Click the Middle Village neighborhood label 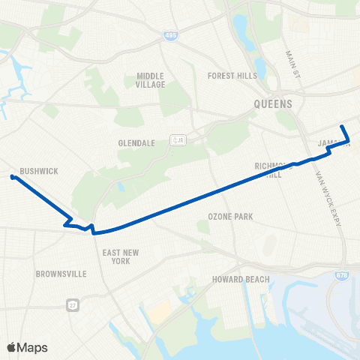coord(155,80)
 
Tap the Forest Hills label coord(232,75)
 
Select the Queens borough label coord(273,105)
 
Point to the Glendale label coord(136,142)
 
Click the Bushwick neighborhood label coord(39,171)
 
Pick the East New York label coord(116,256)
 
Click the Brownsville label coord(57,274)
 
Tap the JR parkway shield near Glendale coord(178,139)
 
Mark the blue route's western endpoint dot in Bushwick coord(13,177)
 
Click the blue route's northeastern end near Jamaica coord(341,126)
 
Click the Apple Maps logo coord(26,346)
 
